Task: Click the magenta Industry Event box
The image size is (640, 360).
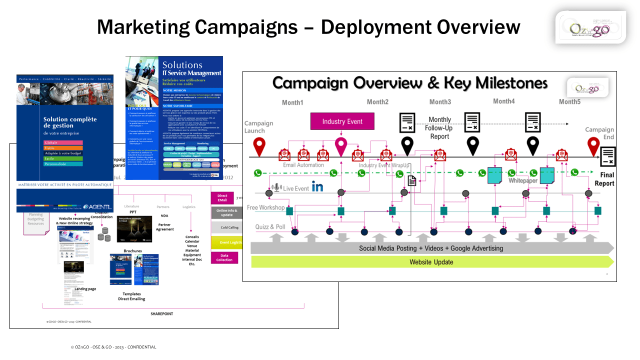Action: [342, 121]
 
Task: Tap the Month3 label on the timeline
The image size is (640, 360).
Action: [440, 102]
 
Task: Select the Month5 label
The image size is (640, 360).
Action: [569, 102]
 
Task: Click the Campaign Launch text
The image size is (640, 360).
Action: [258, 127]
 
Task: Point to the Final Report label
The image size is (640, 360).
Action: [604, 179]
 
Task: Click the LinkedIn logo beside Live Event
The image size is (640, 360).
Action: [317, 187]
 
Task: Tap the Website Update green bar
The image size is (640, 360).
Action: [431, 262]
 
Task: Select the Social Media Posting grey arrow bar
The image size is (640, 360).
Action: [431, 248]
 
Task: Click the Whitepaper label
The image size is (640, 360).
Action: [523, 180]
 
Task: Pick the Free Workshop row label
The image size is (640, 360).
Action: [265, 207]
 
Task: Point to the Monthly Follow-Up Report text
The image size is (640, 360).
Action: [439, 127]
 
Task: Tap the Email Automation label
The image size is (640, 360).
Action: [303, 165]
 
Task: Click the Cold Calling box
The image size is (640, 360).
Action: [226, 227]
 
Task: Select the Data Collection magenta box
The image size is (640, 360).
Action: [224, 257]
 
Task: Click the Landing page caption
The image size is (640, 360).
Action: [85, 289]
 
